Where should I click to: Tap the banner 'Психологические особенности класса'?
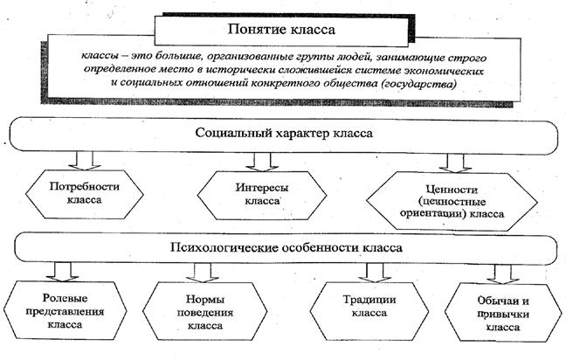click(x=285, y=247)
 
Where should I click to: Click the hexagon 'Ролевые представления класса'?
click(x=64, y=308)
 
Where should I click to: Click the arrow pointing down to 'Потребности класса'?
click(x=84, y=160)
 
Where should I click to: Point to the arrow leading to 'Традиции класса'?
click(x=367, y=272)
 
